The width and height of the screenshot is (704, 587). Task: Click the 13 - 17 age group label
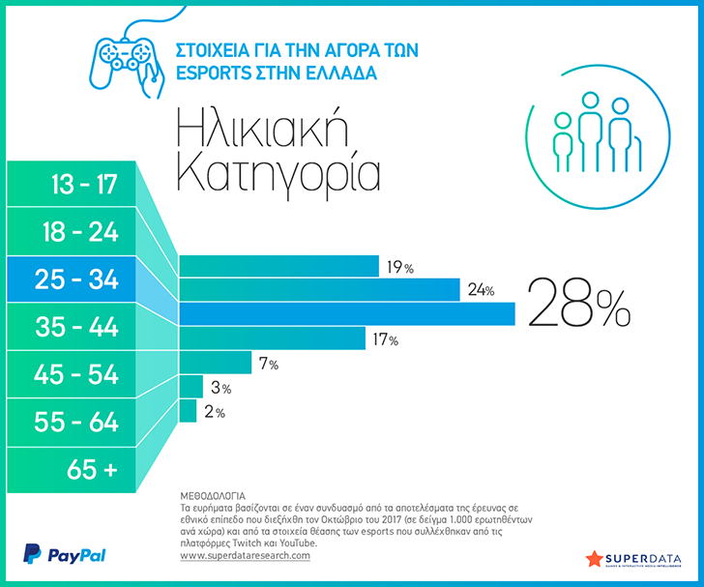point(84,184)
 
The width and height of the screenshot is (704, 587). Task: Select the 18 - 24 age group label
point(80,232)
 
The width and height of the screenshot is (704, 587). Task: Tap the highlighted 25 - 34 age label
point(76,279)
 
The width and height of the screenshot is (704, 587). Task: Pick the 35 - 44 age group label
point(76,327)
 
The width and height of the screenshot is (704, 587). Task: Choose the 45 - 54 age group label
point(75,374)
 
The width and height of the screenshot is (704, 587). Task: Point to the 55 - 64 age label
point(75,423)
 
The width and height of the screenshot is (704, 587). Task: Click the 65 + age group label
point(92,470)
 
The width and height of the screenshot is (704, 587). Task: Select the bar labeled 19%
point(279,266)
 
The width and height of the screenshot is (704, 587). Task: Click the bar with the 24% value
point(319,290)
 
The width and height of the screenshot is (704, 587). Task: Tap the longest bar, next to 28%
point(347,313)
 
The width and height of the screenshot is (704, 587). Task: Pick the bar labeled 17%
point(272,338)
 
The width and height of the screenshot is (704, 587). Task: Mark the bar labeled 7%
point(215,363)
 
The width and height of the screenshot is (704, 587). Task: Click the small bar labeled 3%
point(191,386)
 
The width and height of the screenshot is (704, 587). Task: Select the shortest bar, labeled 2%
point(188,411)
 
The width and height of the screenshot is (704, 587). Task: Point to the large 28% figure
point(579,303)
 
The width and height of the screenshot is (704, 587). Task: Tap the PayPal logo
point(64,554)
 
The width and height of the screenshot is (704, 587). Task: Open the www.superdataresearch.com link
point(246,555)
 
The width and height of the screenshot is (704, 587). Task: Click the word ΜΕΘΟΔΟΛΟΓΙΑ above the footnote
point(213,496)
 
